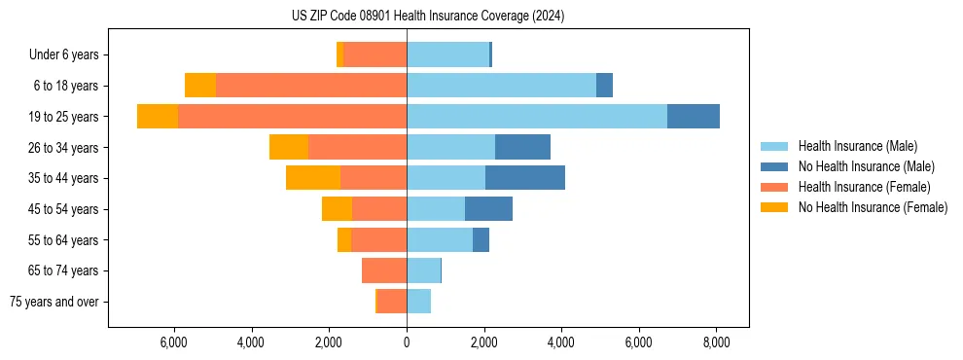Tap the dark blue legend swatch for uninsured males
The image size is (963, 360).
[773, 166]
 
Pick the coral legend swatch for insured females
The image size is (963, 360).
[773, 187]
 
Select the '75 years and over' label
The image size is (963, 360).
[54, 302]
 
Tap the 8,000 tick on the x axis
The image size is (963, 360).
[716, 343]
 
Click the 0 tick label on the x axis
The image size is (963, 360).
[407, 343]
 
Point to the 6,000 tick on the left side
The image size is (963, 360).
[173, 343]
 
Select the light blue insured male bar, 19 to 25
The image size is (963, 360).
[537, 117]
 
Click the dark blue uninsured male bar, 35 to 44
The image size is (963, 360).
[525, 178]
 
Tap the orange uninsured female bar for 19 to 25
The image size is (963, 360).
[158, 117]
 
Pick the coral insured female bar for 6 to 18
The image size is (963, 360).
[311, 86]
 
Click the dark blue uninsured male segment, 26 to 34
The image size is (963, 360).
[522, 147]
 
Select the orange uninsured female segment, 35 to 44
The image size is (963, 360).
[313, 178]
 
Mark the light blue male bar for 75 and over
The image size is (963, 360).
[418, 302]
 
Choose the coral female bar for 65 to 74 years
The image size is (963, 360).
[384, 270]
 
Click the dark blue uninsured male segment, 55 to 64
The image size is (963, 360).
[481, 239]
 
